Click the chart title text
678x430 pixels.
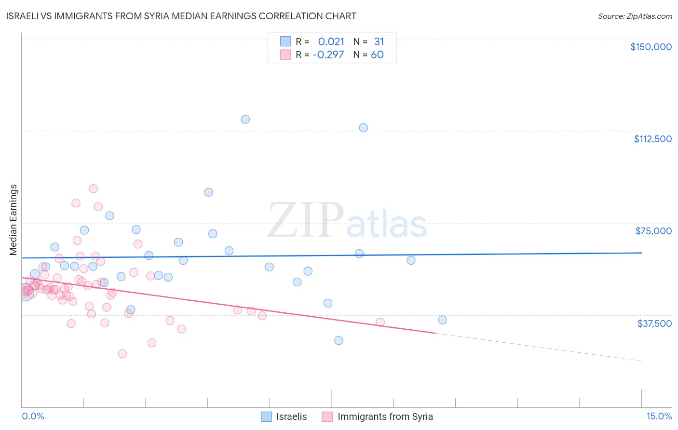click(181, 16)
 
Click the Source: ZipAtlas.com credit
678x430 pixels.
click(635, 16)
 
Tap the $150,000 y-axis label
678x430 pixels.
click(651, 47)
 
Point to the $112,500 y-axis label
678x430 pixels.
click(652, 139)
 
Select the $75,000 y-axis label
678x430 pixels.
click(653, 231)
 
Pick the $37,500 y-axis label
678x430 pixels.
click(654, 323)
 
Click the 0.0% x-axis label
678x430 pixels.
click(33, 417)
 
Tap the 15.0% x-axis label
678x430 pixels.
click(659, 417)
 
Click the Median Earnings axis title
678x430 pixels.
click(14, 220)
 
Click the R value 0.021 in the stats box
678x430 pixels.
click(331, 42)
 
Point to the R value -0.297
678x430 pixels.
click(328, 55)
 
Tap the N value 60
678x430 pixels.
click(377, 55)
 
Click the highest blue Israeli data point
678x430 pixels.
click(245, 119)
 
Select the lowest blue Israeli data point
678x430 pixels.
click(339, 340)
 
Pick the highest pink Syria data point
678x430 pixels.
click(94, 188)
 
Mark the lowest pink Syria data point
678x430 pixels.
click(122, 354)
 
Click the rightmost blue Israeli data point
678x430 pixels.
click(442, 320)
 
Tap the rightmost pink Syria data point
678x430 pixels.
click(380, 322)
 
